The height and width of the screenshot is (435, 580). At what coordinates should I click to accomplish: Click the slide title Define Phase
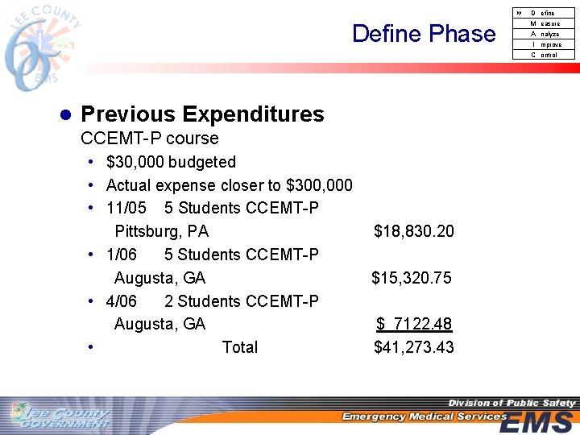424,34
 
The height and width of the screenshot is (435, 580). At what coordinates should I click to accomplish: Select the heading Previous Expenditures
202,114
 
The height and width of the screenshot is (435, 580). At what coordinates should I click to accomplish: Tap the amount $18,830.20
413,232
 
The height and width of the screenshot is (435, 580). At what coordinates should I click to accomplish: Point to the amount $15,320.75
411,279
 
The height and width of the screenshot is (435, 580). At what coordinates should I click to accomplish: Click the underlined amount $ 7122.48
414,325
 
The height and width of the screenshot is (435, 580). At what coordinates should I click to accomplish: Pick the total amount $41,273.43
413,348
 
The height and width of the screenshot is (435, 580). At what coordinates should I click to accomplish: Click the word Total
240,348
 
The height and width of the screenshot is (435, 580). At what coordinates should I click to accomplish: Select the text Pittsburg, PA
161,232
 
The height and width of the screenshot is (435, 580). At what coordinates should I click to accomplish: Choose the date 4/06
122,302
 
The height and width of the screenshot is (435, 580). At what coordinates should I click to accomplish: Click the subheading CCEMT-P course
150,139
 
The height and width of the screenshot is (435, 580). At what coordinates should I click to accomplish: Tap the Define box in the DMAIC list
543,13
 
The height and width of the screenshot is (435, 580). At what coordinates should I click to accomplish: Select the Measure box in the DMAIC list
544,23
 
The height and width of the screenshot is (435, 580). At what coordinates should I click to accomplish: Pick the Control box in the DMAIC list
544,55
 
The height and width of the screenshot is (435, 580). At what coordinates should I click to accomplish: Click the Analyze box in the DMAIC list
544,34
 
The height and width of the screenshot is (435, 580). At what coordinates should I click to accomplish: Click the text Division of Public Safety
512,403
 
